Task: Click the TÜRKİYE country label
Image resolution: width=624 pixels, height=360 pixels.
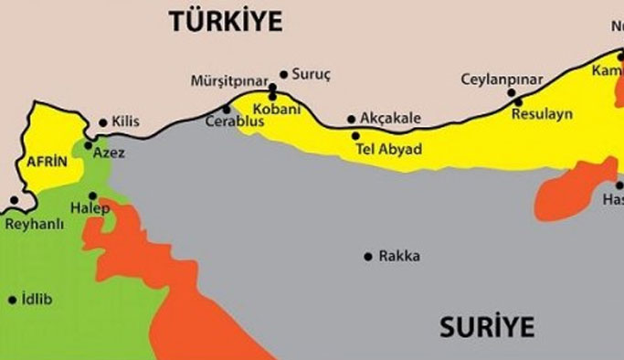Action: [x=226, y=22]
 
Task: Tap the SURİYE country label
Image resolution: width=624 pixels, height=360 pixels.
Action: [x=486, y=326]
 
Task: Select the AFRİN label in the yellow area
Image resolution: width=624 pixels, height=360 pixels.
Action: [x=48, y=162]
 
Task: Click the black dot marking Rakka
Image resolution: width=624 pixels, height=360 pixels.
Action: [x=368, y=256]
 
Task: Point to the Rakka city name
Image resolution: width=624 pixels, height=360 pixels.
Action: [x=399, y=256]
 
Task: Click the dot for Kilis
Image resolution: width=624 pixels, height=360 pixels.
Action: [x=102, y=122]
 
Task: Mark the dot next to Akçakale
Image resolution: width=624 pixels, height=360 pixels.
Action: [x=351, y=119]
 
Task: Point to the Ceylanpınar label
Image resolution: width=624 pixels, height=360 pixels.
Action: [x=502, y=79]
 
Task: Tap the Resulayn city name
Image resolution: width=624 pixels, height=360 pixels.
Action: [x=542, y=114]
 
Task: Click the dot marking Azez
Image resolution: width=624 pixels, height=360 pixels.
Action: [x=88, y=145]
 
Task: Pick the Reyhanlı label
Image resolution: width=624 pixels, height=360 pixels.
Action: [x=33, y=222]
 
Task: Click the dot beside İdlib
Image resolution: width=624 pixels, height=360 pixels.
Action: [x=12, y=299]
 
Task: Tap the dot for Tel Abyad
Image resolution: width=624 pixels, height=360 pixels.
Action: [x=356, y=136]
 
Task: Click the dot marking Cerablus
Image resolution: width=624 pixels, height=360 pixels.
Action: [x=227, y=109]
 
